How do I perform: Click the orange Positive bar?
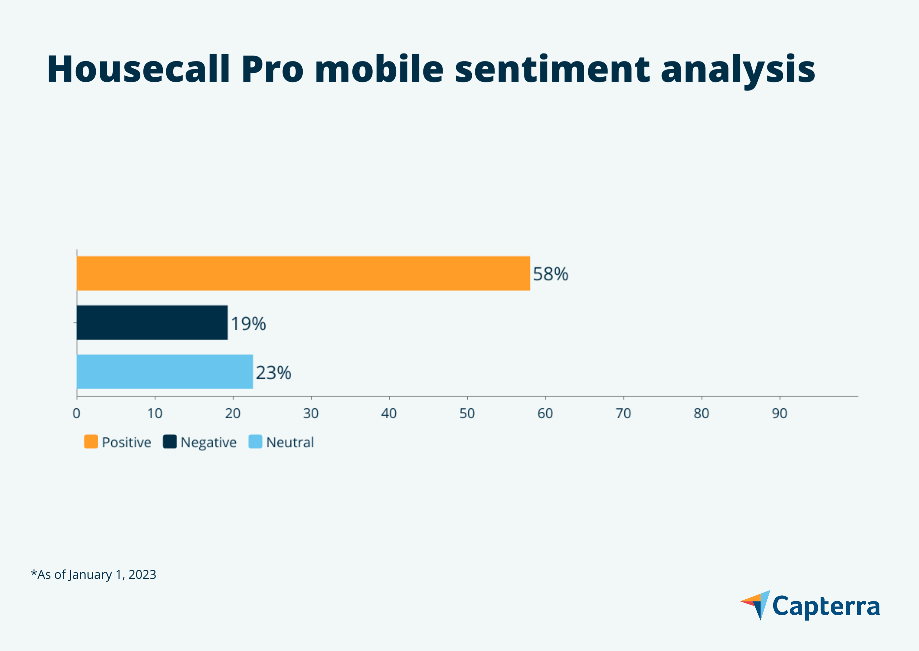tap(303, 273)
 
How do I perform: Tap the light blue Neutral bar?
tap(165, 371)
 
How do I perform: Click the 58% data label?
tap(550, 274)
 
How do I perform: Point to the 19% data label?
tap(248, 324)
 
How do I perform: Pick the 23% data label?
tap(273, 373)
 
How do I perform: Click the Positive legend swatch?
tap(91, 442)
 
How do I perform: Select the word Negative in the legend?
tap(209, 442)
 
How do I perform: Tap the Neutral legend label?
tap(290, 442)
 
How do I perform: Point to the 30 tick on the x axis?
tap(311, 413)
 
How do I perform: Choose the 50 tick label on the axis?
tap(467, 413)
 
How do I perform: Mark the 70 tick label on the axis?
tap(624, 413)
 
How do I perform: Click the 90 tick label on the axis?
tap(779, 413)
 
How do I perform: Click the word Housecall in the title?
tap(138, 69)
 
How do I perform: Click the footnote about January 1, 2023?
tap(94, 574)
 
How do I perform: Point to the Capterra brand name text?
tap(826, 606)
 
